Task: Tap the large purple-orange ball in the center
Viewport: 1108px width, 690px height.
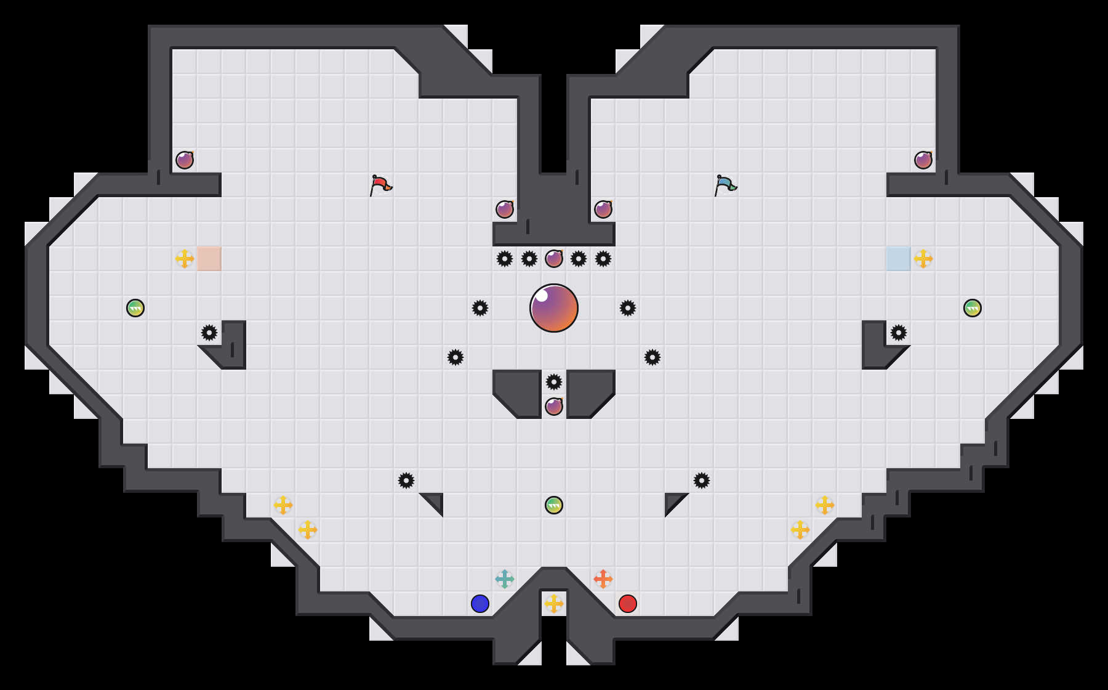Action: point(554,308)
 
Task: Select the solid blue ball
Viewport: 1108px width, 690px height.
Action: point(480,604)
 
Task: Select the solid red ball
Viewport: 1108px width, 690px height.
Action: point(628,604)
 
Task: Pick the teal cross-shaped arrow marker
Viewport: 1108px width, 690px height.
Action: point(505,579)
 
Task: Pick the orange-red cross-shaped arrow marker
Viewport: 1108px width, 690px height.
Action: point(603,579)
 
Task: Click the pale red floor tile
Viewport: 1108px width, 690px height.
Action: point(209,259)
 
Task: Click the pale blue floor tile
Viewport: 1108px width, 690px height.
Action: point(899,259)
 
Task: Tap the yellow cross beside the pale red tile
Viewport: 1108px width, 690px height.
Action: point(185,259)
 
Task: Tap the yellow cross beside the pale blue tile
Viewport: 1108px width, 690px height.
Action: point(923,259)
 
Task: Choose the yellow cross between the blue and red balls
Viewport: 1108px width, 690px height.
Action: point(554,604)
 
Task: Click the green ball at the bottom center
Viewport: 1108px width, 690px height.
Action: point(554,505)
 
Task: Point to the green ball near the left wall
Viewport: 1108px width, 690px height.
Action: point(135,308)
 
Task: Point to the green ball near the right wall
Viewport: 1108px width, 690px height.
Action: point(973,308)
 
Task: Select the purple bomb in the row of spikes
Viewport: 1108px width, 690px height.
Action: point(554,259)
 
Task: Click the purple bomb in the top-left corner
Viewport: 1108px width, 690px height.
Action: point(185,160)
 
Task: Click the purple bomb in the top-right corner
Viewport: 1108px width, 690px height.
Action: point(923,160)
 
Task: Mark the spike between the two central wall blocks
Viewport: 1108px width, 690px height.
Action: point(554,382)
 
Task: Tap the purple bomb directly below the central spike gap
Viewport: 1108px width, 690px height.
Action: point(554,407)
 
